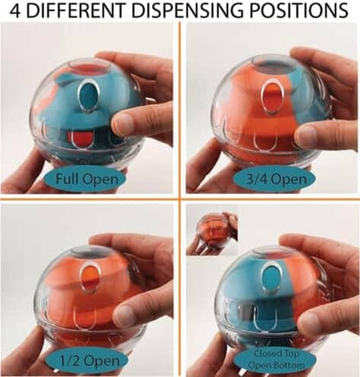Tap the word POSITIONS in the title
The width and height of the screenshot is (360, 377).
pos(299,10)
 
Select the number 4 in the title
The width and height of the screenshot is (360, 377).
pos(16,10)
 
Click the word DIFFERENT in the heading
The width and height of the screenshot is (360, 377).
pos(78,10)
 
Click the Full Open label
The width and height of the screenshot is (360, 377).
pos(87,179)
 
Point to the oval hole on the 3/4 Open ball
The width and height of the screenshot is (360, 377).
pos(272,96)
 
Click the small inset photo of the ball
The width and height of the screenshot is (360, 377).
pos(212,233)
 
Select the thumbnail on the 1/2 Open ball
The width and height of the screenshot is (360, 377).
pos(127,315)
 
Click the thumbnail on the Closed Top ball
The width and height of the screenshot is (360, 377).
pos(311,321)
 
